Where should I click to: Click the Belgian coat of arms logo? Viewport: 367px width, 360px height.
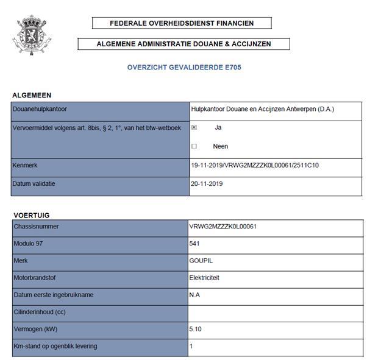click(x=31, y=35)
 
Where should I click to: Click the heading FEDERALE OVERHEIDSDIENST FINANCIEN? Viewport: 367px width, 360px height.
click(x=182, y=23)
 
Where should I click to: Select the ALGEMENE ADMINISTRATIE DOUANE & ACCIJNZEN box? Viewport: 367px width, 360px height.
click(x=184, y=44)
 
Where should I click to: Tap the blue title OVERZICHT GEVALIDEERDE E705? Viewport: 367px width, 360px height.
click(x=184, y=67)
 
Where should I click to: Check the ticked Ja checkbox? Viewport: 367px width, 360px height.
click(x=194, y=128)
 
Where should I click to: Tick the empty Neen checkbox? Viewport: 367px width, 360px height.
click(x=194, y=146)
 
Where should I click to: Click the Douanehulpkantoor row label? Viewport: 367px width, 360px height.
click(x=40, y=110)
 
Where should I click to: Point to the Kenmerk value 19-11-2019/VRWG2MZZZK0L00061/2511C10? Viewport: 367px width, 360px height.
click(x=255, y=165)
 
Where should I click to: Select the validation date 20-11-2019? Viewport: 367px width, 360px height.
click(x=208, y=183)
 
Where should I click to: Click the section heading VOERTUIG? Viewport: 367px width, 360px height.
click(x=31, y=215)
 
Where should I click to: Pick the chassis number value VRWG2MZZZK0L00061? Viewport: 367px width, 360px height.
click(x=223, y=227)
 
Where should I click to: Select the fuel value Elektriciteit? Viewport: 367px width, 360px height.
click(x=205, y=277)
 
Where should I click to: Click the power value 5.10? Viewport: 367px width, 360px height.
click(x=196, y=329)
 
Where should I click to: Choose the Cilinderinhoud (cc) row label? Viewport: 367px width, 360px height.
click(x=40, y=312)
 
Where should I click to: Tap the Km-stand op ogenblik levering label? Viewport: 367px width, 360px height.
click(x=55, y=346)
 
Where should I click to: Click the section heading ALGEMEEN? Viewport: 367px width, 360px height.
click(x=32, y=95)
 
